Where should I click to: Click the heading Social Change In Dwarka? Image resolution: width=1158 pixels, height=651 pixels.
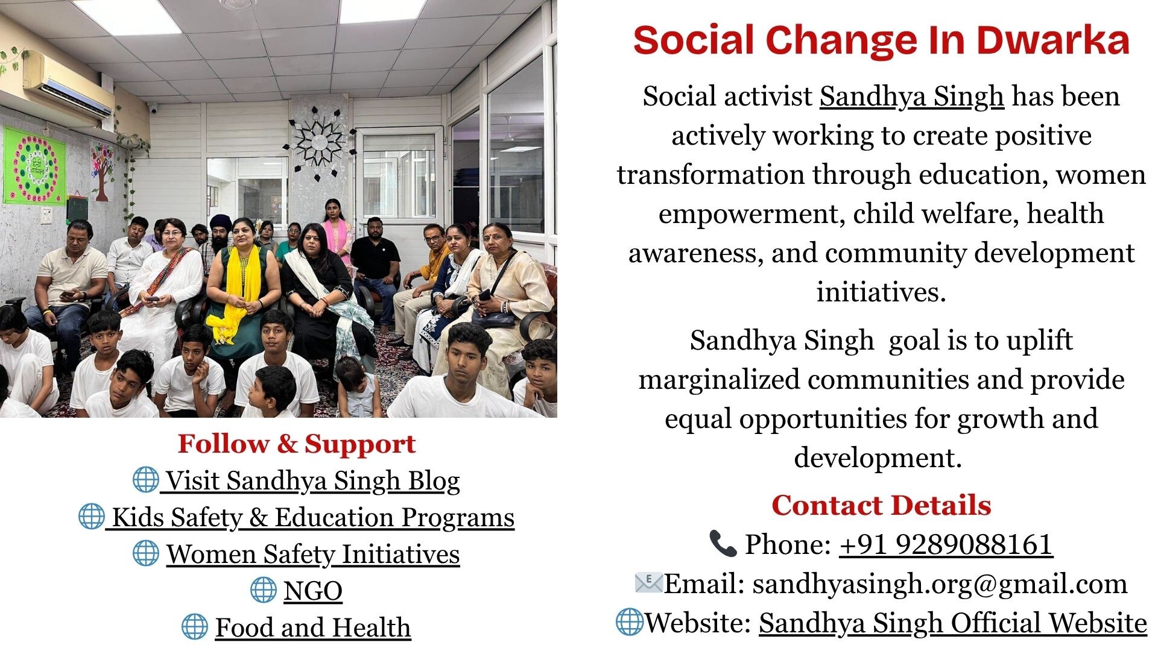tap(881, 40)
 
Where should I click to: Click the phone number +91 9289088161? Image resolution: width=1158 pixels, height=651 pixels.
tap(946, 544)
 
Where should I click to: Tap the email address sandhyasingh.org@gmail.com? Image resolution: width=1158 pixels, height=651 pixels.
tap(940, 583)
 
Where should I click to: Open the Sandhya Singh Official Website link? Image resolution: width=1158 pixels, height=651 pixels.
tap(953, 623)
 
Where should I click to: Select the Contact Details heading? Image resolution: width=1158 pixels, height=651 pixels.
tap(881, 505)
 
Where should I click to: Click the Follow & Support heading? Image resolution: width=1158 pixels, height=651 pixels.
tap(297, 444)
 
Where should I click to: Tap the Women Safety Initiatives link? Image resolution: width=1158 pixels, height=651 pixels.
tap(313, 554)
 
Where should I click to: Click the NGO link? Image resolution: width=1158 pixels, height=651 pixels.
tap(313, 591)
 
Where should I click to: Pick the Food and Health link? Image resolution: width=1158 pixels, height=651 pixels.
tap(313, 627)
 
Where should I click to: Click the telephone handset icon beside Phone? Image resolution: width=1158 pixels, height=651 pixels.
tap(723, 544)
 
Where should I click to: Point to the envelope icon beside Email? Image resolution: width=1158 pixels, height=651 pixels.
tap(648, 583)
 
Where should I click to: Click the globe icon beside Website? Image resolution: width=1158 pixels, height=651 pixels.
tap(630, 621)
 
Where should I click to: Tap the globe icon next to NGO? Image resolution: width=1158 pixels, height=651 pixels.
tap(264, 590)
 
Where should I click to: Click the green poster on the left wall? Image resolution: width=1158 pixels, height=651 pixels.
tap(34, 166)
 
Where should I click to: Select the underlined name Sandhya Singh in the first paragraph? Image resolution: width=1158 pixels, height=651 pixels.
tap(911, 96)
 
